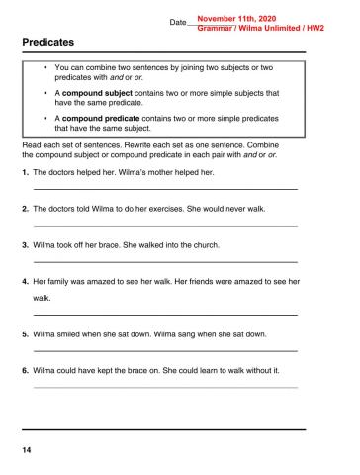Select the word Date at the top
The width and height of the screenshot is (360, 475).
[178, 22]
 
